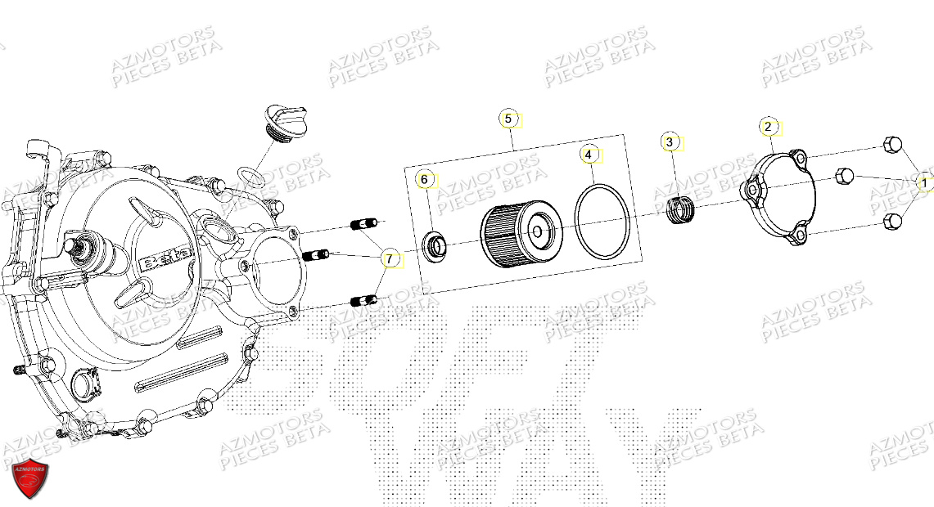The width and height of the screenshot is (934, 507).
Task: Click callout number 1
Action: (x=924, y=184)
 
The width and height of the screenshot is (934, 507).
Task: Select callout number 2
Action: (x=768, y=127)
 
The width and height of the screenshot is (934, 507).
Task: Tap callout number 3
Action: (x=670, y=142)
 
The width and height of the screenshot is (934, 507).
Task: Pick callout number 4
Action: (x=589, y=154)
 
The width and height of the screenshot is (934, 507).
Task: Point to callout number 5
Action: (x=508, y=119)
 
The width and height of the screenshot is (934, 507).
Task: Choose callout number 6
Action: (x=424, y=179)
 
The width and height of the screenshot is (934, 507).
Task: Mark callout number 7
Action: (x=390, y=259)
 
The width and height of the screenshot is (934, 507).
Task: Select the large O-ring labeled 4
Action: (x=602, y=218)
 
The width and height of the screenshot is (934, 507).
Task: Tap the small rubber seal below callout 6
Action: (x=434, y=245)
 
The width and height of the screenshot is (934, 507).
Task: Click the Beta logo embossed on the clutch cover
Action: (x=170, y=260)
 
